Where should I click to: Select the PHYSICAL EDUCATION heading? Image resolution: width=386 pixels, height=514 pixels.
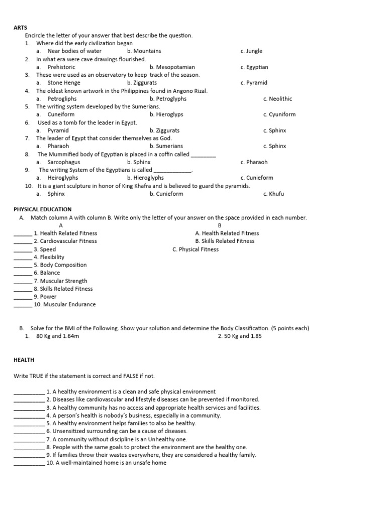(43, 209)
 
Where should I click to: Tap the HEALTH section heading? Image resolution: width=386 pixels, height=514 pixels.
(24, 360)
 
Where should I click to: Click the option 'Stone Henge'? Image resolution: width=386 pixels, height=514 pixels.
(63, 83)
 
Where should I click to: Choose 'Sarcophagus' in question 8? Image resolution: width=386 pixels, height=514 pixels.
(63, 162)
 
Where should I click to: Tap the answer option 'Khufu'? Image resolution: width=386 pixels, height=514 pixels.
(276, 194)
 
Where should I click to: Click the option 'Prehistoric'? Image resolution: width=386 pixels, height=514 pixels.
(61, 67)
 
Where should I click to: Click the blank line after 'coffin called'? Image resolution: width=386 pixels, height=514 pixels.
(204, 155)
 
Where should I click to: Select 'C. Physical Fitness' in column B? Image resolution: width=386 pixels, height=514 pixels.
(196, 249)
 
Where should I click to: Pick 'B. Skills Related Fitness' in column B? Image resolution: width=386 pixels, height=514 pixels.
(225, 241)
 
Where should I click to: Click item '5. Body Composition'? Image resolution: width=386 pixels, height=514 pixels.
(60, 265)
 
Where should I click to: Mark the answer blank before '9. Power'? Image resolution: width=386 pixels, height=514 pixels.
(23, 297)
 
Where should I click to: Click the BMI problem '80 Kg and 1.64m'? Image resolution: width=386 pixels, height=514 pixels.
(58, 336)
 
